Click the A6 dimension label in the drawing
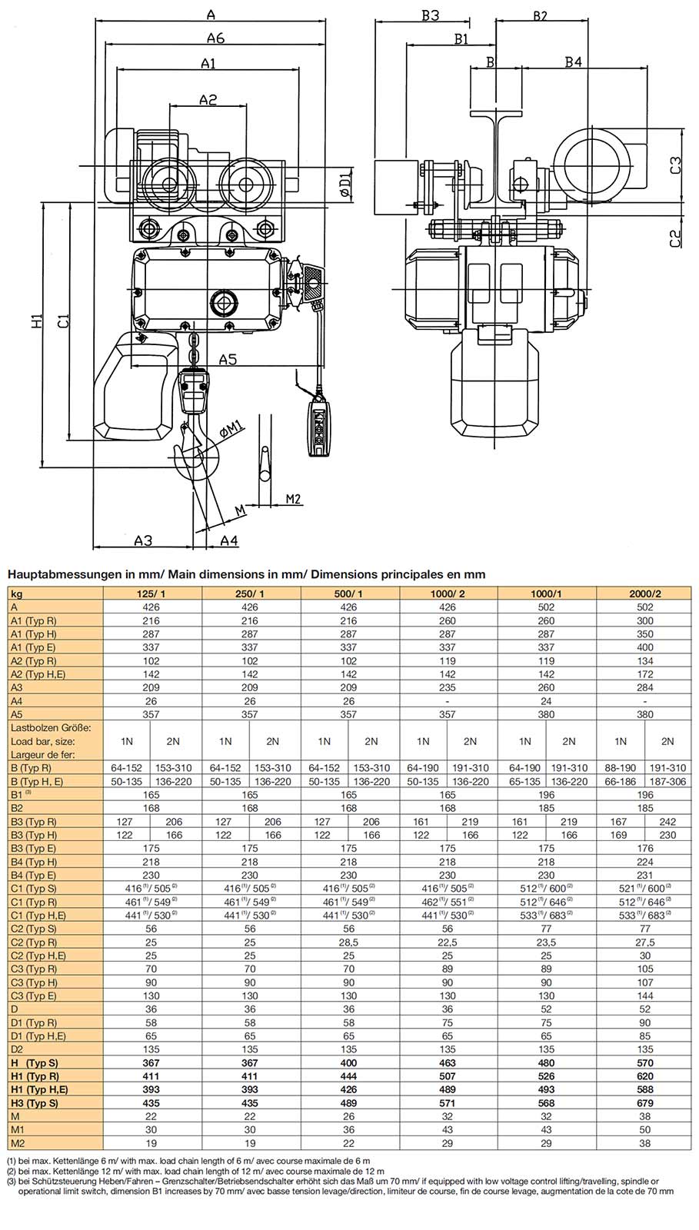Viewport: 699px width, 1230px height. pos(215,38)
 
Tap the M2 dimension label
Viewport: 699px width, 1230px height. pos(292,499)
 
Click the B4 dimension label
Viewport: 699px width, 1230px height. pos(573,62)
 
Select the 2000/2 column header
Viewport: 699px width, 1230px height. pos(644,593)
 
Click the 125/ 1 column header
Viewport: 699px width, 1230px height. pos(151,593)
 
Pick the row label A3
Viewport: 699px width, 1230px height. pos(17,687)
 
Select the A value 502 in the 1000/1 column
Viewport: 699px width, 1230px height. pos(546,607)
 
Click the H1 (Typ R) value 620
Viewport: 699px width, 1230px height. pos(644,1076)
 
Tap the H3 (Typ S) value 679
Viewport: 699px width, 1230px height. pos(644,1102)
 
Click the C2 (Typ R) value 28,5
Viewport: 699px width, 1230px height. pos(348,942)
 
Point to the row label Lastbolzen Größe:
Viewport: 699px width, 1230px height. pos(51,727)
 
